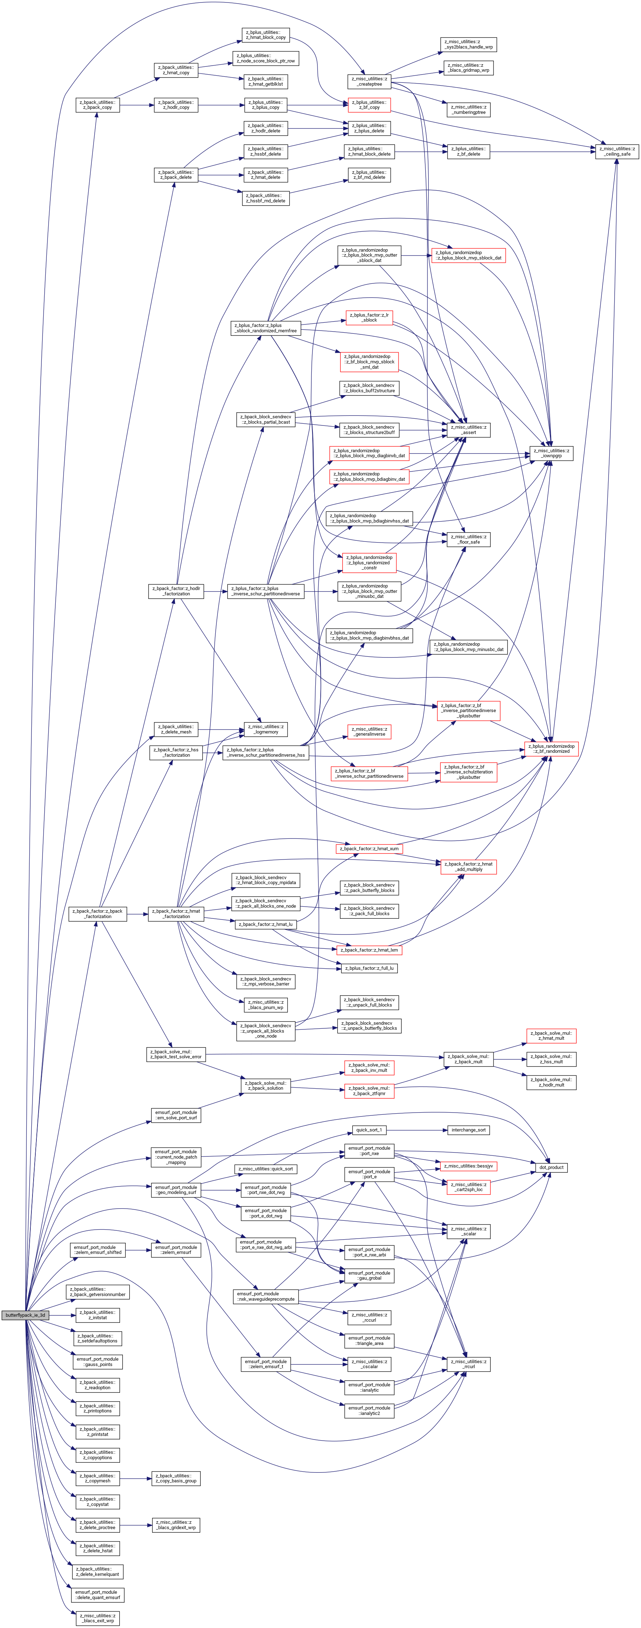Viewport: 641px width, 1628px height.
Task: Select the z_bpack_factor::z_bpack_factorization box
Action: tap(98, 914)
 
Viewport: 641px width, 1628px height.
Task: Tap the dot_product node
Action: tap(551, 1167)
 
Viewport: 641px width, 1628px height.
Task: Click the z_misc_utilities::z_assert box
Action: tap(469, 430)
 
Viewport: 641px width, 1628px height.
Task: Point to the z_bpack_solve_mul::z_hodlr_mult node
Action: tap(551, 1082)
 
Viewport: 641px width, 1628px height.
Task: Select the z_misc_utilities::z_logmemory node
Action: tap(265, 729)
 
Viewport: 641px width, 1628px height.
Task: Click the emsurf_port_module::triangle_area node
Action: tap(369, 1340)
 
